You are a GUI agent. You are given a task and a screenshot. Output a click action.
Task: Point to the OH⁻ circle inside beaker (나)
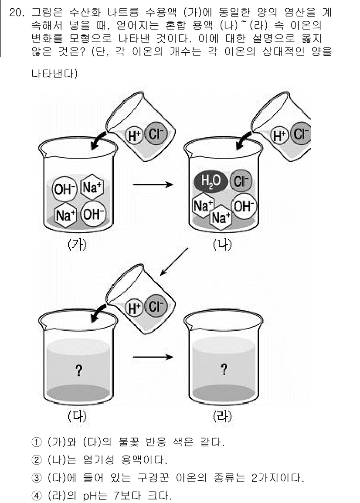(244, 206)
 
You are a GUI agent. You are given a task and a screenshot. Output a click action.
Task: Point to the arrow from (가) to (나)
(152, 185)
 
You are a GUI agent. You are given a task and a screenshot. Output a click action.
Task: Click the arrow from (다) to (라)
(152, 357)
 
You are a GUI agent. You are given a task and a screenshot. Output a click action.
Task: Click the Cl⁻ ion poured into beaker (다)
(155, 307)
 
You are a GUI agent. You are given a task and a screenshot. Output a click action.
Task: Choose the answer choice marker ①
(38, 444)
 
